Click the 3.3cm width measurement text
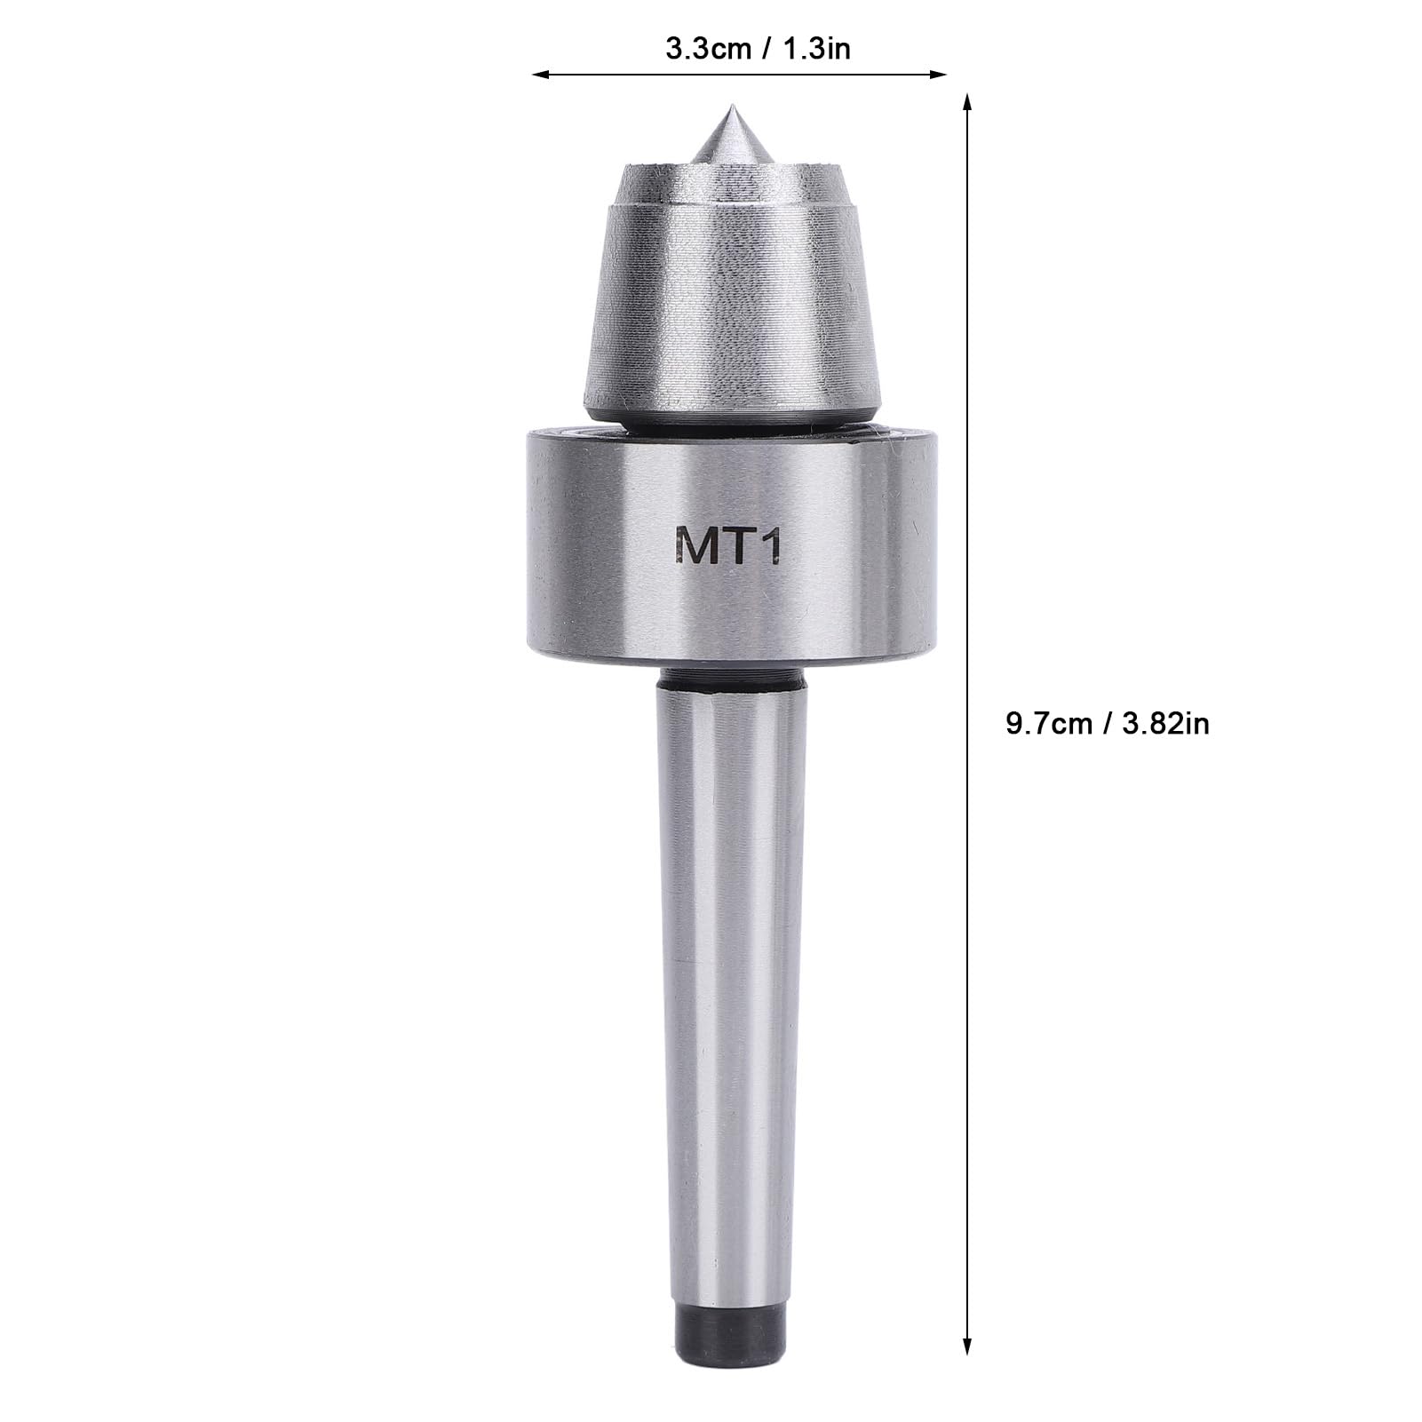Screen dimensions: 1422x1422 click(707, 48)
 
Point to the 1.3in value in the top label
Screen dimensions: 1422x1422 click(816, 48)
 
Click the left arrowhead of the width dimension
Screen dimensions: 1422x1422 click(538, 75)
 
